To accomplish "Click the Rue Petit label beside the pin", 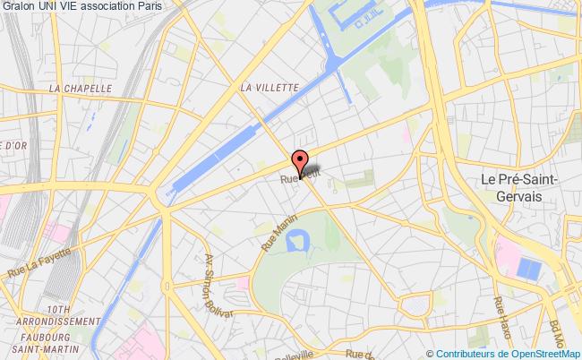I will point(298,178).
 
